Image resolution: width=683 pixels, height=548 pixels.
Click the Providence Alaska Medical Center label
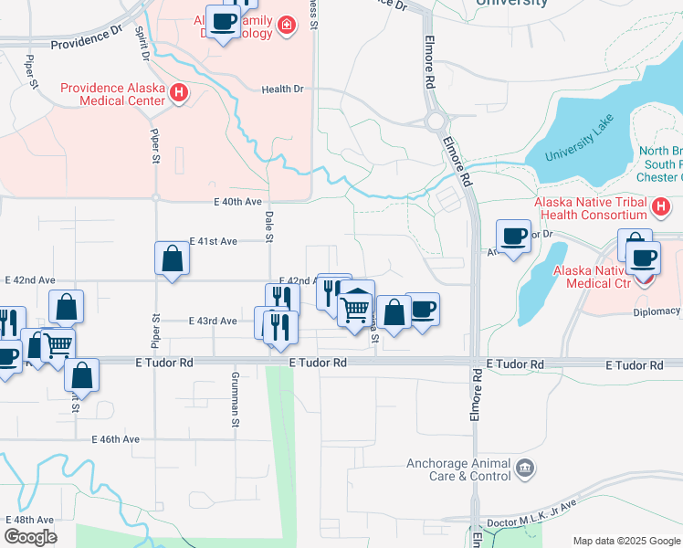113,94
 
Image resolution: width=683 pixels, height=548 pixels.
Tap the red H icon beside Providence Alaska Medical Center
178,93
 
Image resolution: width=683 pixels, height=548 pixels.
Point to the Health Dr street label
282,90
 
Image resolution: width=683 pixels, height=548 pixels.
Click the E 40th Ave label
237,201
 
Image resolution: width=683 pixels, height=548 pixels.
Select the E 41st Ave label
213,241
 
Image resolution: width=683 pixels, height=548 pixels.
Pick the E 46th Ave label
115,439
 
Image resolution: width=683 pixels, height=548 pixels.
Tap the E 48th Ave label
29,518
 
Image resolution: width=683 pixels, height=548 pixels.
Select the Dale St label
269,226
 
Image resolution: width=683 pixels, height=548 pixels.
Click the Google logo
30,537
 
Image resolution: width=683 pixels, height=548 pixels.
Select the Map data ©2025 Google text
625,541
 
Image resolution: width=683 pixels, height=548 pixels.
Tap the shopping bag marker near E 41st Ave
173,259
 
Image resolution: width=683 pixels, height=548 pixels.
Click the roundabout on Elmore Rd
436,120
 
